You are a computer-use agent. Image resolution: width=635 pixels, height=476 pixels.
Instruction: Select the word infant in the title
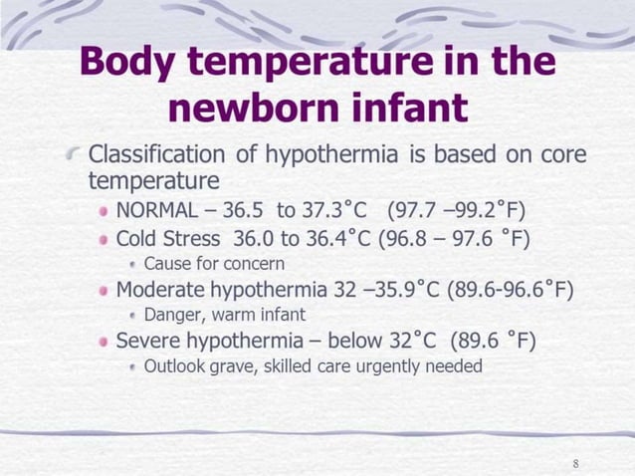414,109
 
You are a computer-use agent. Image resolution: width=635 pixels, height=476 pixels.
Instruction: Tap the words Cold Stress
170,239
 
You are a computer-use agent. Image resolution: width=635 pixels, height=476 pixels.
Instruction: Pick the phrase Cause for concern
214,264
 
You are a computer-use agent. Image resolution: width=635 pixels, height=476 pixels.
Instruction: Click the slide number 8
577,464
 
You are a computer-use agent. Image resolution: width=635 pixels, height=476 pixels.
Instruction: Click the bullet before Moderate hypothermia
103,292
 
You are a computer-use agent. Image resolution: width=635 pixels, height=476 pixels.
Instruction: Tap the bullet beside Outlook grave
133,367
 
